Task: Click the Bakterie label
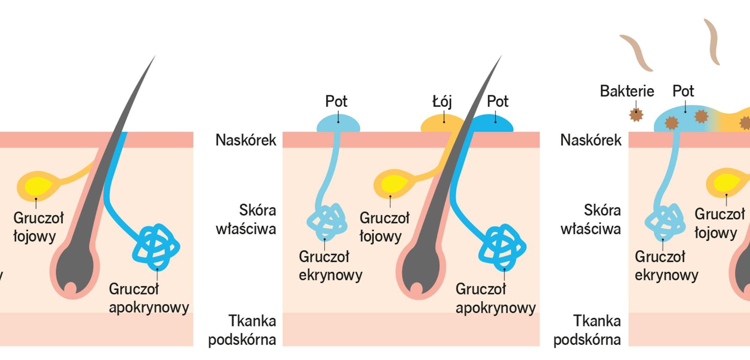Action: click(627, 91)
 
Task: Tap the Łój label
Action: click(442, 101)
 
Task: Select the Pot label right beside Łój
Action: click(497, 101)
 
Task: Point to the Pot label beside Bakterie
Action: click(683, 91)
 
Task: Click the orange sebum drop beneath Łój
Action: click(438, 124)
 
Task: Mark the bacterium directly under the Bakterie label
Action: click(636, 114)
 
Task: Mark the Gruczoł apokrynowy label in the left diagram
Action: click(149, 298)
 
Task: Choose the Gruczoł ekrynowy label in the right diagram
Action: click(666, 266)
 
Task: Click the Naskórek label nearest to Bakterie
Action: click(591, 140)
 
